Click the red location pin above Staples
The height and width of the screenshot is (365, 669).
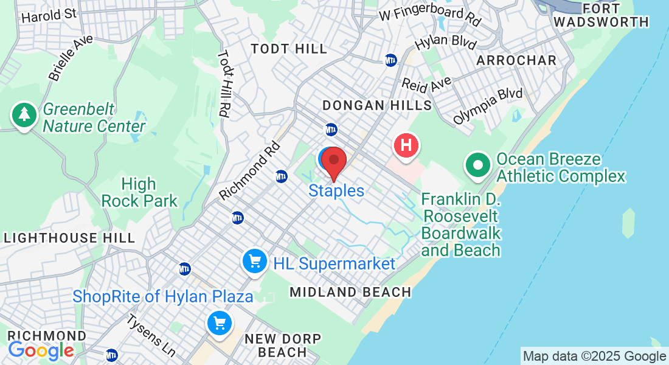point(334,161)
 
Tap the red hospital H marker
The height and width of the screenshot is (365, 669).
point(407,146)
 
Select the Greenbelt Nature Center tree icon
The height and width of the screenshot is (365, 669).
point(24,114)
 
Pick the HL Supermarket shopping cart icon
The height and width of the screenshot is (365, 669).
point(255,262)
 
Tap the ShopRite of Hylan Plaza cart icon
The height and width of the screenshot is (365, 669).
point(219,323)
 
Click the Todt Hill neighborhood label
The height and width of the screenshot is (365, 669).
point(289,49)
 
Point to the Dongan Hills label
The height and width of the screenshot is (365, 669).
point(377,105)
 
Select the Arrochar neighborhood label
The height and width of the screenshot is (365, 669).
point(516,60)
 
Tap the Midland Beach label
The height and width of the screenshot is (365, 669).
point(350,292)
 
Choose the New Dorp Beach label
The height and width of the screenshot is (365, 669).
point(282,345)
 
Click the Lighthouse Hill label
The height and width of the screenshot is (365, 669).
point(69,238)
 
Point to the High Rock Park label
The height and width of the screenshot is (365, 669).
point(139,192)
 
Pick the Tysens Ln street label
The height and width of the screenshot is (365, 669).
point(151,336)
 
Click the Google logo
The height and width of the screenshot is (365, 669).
point(41,350)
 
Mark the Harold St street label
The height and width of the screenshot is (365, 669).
point(50,15)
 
